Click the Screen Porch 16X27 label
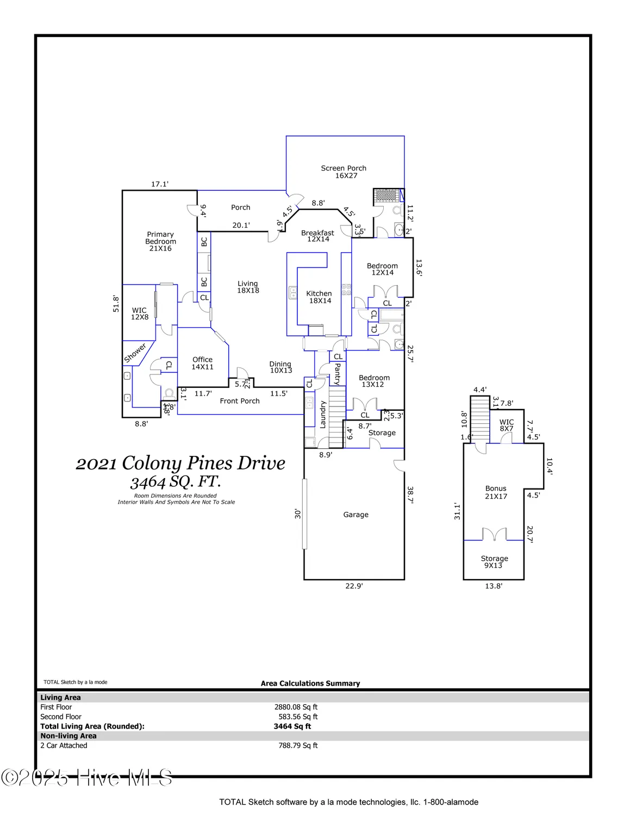tap(344, 172)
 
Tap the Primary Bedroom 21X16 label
tap(160, 241)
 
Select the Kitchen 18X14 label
tap(319, 297)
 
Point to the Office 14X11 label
tap(202, 363)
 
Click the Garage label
tap(355, 515)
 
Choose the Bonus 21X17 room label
tap(496, 492)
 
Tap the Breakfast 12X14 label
tap(318, 236)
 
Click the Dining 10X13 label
tap(280, 367)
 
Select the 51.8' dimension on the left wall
tap(116, 303)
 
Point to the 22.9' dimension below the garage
tap(354, 586)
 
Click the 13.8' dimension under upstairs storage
tap(494, 586)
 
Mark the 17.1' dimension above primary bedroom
tap(160, 184)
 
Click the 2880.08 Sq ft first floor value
tap(296, 707)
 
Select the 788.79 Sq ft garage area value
tap(298, 745)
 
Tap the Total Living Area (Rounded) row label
tap(92, 726)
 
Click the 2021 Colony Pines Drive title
tap(180, 463)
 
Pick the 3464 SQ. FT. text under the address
tap(176, 481)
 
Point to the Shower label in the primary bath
tap(135, 353)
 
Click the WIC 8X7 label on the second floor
tap(507, 425)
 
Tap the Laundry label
tap(323, 415)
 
